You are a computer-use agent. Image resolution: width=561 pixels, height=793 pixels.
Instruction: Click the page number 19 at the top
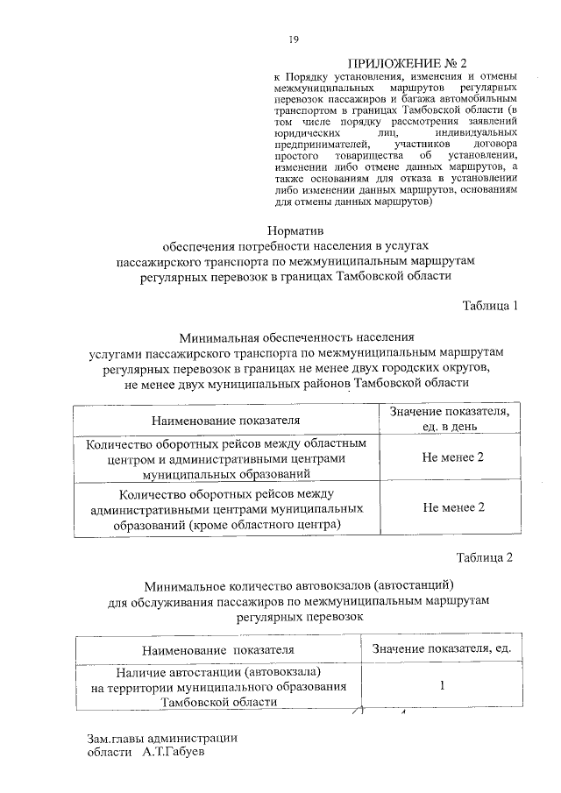[295, 39]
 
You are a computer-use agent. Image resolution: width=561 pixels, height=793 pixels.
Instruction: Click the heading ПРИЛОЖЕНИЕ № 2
[408, 63]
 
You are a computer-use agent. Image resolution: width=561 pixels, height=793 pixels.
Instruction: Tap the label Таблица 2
[483, 557]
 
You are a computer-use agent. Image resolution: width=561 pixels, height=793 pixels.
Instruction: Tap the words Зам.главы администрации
[162, 737]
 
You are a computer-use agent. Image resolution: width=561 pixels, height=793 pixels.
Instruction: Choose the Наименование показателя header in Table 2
[219, 649]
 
